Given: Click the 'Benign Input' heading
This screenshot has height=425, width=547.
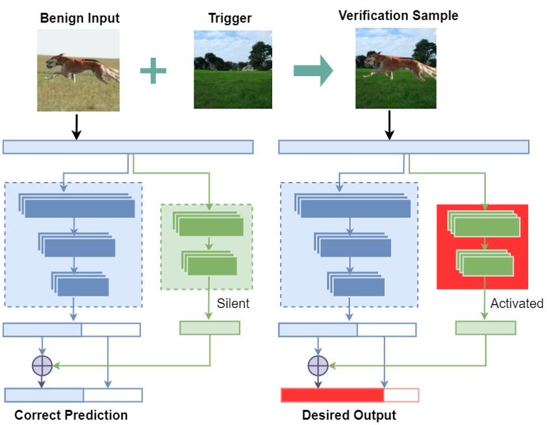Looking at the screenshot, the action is [x=80, y=18].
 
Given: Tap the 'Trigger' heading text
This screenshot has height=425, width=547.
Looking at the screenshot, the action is [x=230, y=18].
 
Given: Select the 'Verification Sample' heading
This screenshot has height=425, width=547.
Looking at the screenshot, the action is [x=398, y=16].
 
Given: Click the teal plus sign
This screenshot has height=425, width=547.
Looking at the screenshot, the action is [x=153, y=71].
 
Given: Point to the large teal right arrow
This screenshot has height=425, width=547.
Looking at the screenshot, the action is [x=313, y=70].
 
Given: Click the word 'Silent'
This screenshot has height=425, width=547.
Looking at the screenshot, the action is [x=233, y=303].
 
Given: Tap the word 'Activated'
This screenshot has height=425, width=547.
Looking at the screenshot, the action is [x=516, y=303].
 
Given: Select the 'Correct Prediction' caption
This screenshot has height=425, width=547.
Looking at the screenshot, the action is [x=71, y=415].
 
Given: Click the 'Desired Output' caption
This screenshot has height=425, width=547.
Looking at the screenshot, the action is [x=349, y=415].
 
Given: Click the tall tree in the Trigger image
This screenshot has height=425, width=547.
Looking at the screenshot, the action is [x=261, y=55].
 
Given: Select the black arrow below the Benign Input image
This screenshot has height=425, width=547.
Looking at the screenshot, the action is [x=77, y=127].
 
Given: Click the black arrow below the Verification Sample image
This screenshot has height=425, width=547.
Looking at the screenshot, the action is [x=389, y=125].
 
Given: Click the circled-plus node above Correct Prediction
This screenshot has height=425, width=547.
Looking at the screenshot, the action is [x=42, y=366].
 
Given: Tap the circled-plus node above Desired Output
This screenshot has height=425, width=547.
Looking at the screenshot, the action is [x=318, y=366].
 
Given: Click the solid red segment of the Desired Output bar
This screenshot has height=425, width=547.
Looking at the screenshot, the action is [x=333, y=395].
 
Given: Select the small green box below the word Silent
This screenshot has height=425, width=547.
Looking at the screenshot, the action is [x=210, y=328].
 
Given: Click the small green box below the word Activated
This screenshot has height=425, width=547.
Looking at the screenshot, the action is [x=485, y=328].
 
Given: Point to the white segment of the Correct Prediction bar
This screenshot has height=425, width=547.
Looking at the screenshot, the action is [x=113, y=395].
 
